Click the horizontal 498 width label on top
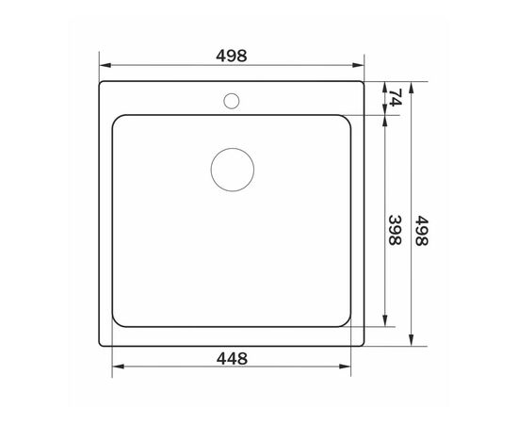[x=232, y=56]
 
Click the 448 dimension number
[x=232, y=358]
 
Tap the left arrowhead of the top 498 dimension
[x=104, y=66]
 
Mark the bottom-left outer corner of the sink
[x=102, y=345]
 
